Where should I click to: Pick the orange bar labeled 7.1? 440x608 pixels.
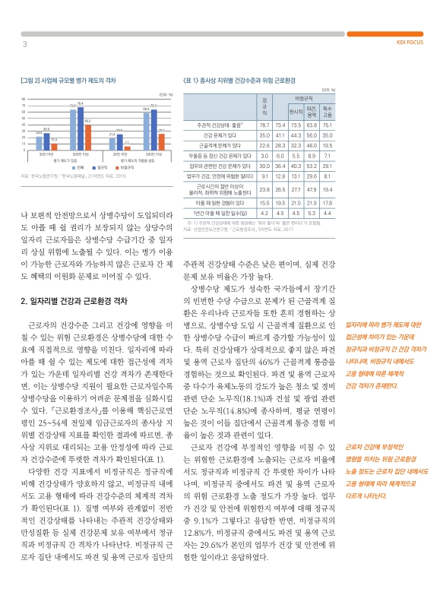[126, 147]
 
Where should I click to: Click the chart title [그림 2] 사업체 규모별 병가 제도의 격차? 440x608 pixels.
[68, 79]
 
